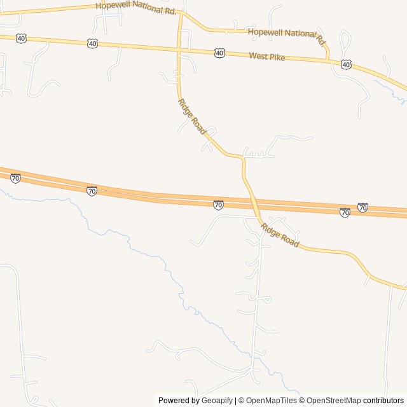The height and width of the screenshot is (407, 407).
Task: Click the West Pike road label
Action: click(266, 57)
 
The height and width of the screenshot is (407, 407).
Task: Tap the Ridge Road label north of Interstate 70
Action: click(192, 116)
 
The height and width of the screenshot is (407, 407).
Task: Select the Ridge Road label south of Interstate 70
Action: click(279, 234)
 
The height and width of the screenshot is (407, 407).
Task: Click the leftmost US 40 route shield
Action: click(22, 38)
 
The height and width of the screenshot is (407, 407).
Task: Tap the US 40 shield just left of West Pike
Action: click(219, 53)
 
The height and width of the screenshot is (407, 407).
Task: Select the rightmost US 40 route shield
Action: click(345, 64)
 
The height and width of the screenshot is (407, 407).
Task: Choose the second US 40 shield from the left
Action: click(93, 43)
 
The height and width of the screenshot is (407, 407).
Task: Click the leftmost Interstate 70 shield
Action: click(15, 178)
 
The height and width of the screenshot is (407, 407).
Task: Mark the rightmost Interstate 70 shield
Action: click(362, 207)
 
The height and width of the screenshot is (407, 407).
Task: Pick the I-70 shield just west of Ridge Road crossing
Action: click(218, 204)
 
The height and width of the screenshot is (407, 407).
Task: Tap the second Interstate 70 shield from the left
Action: click(92, 191)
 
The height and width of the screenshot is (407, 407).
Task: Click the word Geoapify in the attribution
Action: click(217, 401)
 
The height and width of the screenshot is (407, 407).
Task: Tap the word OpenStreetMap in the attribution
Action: click(333, 401)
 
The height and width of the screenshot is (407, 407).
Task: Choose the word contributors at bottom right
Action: click(383, 401)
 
